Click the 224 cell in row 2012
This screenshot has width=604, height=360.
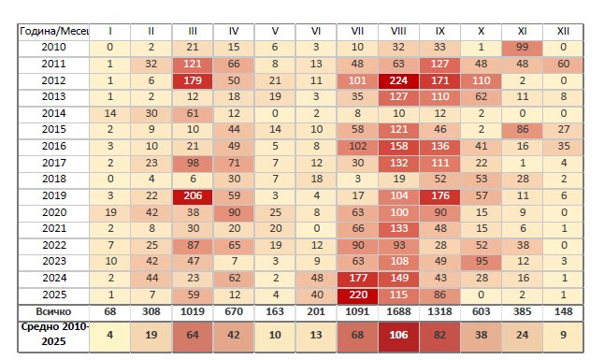coord(398,80)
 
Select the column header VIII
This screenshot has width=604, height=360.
coord(398,31)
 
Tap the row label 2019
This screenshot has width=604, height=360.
coord(54,195)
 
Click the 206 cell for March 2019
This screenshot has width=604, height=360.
coord(193,195)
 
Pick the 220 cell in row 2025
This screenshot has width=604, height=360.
coord(357,295)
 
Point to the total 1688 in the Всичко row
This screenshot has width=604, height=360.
coord(398,311)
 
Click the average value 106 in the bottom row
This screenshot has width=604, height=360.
coord(398,335)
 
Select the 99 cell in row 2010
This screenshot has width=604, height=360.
coord(523,48)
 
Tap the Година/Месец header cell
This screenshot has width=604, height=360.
coord(54,31)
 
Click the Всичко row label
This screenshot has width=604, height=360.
coord(54,311)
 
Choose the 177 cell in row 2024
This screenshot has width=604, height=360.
coord(357,278)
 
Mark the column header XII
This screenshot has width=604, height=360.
coord(563,31)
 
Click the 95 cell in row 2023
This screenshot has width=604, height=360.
coord(482,261)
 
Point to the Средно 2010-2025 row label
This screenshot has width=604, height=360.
coord(54,334)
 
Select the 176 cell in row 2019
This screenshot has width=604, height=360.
coord(439,195)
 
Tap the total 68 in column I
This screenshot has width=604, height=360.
coord(110,311)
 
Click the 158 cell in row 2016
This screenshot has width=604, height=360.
coord(398,146)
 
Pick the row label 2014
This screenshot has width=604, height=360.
coord(54,113)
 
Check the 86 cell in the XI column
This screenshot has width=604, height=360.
coord(523,130)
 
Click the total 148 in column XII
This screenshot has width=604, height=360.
coord(563,311)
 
